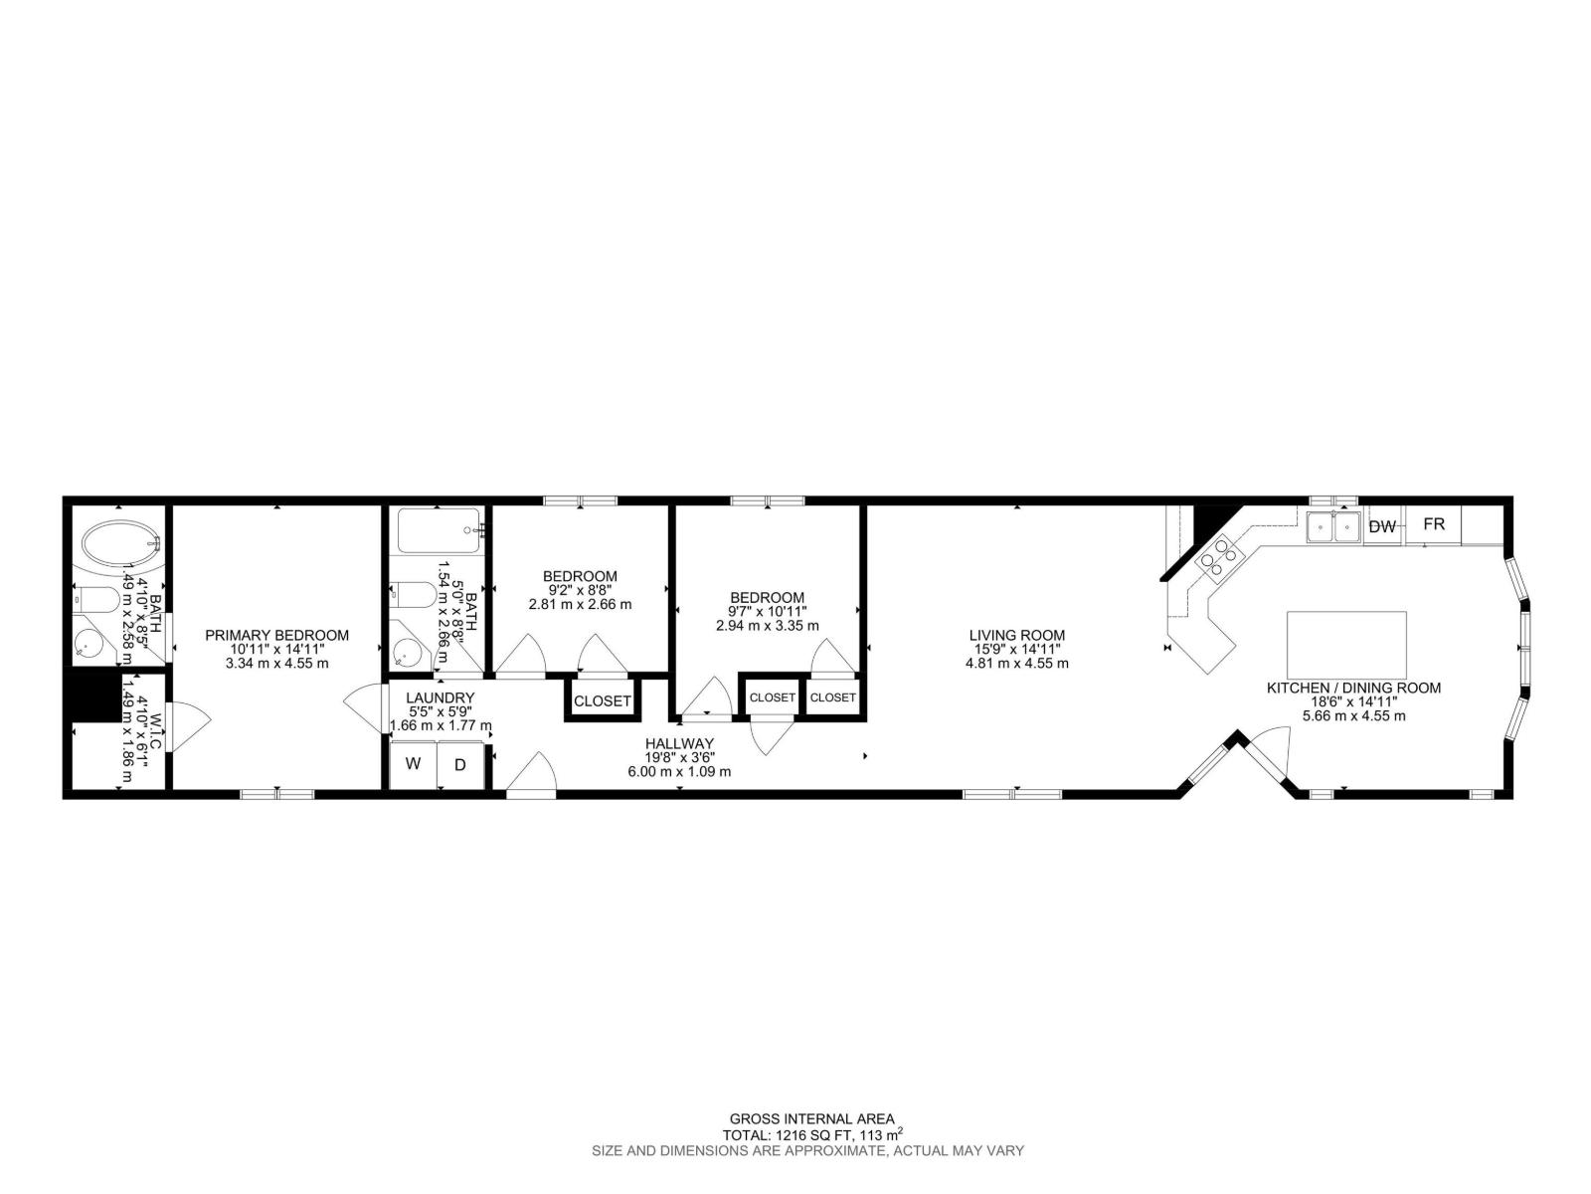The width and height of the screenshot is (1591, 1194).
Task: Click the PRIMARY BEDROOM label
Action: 276,635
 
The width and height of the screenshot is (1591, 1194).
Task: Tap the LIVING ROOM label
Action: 1016,635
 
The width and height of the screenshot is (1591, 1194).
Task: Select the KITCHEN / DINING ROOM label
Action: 1352,688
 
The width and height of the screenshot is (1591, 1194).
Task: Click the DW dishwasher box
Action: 1381,527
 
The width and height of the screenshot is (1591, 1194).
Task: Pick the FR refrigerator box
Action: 1433,524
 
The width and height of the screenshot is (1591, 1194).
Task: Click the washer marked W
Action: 414,765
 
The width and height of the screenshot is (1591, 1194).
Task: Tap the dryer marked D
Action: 460,765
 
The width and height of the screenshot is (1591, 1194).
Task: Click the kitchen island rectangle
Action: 1346,644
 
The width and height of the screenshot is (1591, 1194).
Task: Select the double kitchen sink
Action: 1333,526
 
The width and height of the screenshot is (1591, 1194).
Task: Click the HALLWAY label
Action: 679,743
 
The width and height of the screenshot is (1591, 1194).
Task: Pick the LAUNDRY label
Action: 440,697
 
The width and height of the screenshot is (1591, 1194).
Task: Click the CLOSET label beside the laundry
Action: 602,700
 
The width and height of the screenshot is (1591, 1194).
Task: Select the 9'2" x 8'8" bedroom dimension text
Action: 580,590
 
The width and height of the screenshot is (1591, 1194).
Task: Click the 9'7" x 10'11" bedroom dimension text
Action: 767,611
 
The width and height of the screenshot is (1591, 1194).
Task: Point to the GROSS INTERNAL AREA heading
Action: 811,1118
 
